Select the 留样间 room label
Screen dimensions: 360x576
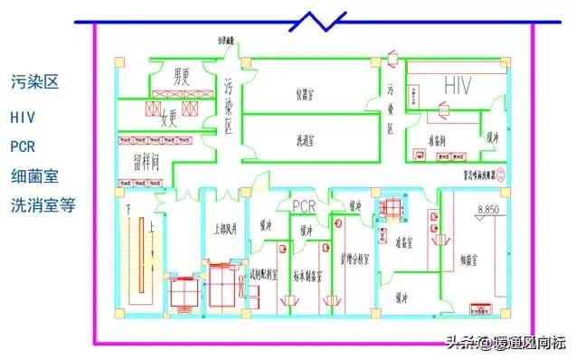139,163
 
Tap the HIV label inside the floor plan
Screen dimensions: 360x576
458,84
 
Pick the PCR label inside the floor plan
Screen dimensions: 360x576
303,205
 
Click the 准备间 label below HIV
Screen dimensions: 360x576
439,141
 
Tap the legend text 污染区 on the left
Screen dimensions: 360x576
34,82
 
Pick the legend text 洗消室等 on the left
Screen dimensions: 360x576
42,204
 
